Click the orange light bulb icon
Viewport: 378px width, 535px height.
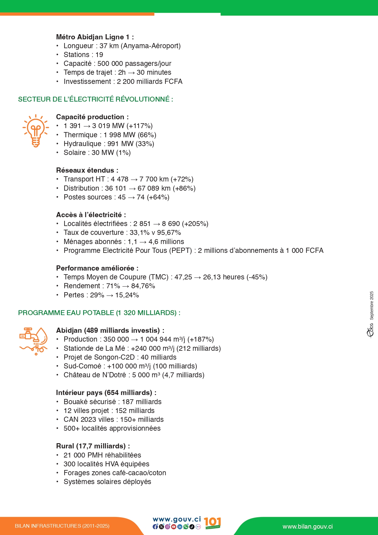coord(36,131)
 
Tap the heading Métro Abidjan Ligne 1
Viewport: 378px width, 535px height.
coord(95,37)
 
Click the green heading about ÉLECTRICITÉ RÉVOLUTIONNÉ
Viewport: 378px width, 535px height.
coord(95,99)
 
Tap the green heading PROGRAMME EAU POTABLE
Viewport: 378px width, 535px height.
coord(99,313)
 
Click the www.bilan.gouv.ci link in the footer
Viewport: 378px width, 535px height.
coord(307,526)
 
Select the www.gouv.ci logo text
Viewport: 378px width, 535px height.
coord(177,519)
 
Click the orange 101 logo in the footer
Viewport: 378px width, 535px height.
coord(212,523)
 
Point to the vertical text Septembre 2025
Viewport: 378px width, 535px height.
coord(372,305)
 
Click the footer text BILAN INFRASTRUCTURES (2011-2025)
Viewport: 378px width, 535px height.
coord(62,526)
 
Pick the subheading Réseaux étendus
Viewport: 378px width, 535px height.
coord(87,170)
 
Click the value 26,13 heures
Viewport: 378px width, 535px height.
coord(224,277)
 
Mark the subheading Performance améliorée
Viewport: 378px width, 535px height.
coord(97,268)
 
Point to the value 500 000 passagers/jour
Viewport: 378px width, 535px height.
coord(134,63)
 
